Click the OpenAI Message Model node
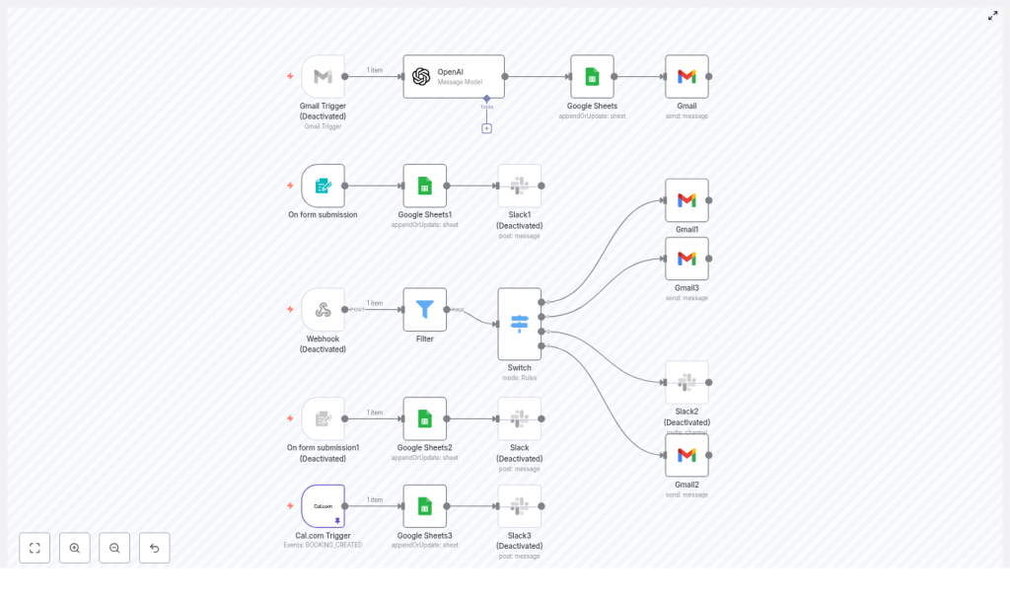coord(454,77)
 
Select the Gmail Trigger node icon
coord(323,77)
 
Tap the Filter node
coord(424,310)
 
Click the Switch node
coord(519,324)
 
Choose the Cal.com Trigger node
coord(323,506)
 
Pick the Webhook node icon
coord(323,310)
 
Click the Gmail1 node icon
coord(686,200)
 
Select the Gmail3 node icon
coord(686,259)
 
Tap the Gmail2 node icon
coord(686,455)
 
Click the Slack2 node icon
coord(686,382)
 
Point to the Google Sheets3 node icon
coord(424,506)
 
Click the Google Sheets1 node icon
coord(424,186)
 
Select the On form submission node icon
coord(323,186)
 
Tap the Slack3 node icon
coord(519,506)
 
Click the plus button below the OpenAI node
coord(486,128)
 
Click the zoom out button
coord(114,548)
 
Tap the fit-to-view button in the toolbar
coord(35,548)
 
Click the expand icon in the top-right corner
coord(992,16)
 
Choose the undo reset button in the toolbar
coord(154,548)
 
